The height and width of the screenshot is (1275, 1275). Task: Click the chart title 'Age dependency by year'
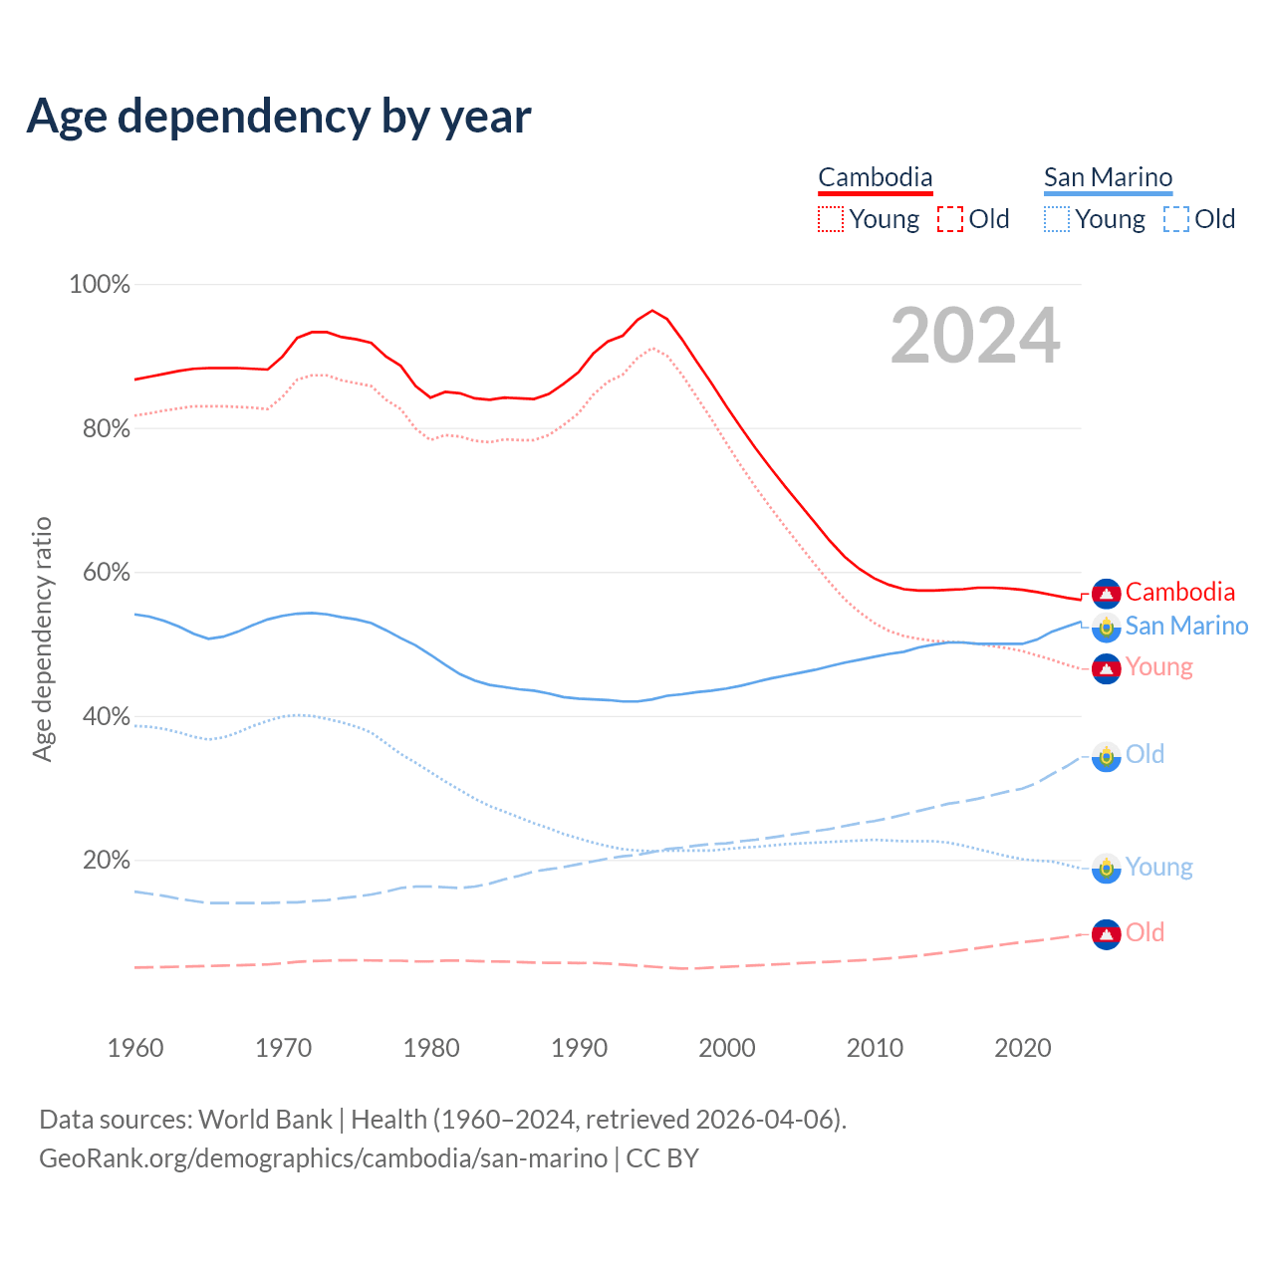point(279,117)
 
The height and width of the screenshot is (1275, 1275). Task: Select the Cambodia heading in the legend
point(876,177)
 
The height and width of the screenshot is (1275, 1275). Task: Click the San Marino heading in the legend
point(1108,177)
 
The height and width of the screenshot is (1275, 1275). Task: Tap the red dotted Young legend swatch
point(831,219)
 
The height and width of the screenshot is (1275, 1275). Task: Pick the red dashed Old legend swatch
point(950,219)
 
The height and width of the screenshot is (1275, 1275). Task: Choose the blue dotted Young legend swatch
point(1057,219)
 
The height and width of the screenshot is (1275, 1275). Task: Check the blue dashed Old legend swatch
point(1176,219)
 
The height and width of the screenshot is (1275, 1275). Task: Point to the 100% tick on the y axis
point(100,285)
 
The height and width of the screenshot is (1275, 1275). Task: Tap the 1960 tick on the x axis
point(135,1048)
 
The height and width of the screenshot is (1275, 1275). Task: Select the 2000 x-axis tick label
point(727,1048)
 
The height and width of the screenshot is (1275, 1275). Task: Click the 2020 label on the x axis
point(1023,1048)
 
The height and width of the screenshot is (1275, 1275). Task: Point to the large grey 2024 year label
point(975,336)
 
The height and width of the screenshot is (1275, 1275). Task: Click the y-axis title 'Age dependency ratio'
point(42,638)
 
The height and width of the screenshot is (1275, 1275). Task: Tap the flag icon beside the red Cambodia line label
point(1107,593)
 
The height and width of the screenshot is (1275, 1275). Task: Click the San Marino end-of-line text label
point(1186,626)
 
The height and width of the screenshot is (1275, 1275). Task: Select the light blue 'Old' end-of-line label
point(1145,754)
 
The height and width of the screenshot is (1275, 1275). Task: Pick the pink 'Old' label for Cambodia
point(1145,932)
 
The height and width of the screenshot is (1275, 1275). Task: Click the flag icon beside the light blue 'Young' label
point(1107,868)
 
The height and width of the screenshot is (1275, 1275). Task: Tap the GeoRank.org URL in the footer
point(323,1158)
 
